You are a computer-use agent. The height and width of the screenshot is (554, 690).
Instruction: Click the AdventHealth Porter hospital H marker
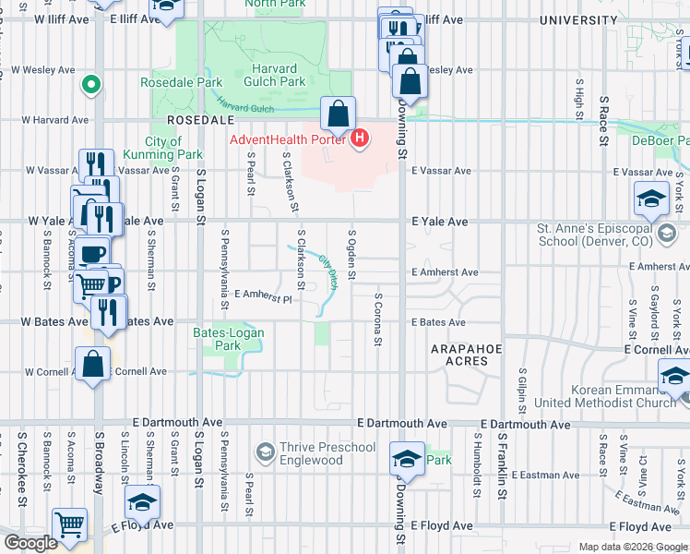pyautogui.click(x=361, y=139)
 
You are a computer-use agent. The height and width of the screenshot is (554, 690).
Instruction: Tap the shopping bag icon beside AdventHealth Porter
pyautogui.click(x=339, y=115)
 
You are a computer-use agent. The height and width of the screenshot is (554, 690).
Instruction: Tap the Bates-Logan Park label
pyautogui.click(x=217, y=339)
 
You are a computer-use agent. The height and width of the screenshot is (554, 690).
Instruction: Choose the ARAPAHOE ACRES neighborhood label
pyautogui.click(x=471, y=355)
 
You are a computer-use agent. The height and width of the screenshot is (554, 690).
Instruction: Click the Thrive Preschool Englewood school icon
pyautogui.click(x=266, y=452)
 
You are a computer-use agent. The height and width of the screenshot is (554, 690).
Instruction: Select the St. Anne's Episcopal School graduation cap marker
pyautogui.click(x=650, y=199)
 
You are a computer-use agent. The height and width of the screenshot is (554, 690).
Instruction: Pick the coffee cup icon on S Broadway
pyautogui.click(x=92, y=254)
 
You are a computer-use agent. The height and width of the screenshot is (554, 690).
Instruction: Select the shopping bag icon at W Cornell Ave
pyautogui.click(x=93, y=366)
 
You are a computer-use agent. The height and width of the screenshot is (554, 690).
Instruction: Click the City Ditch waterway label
pyautogui.click(x=328, y=273)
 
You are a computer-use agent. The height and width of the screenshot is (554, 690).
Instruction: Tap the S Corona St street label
pyautogui.click(x=378, y=320)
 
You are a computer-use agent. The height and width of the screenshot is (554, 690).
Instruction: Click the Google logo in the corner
pyautogui.click(x=30, y=544)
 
